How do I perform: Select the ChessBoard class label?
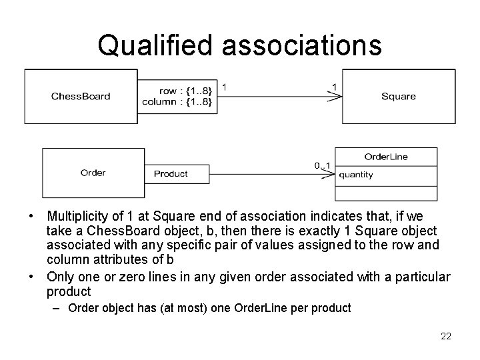coord(81,97)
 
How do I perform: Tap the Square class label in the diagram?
coord(398,97)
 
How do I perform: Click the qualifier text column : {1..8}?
coord(177,101)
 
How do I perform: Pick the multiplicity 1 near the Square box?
coord(333,87)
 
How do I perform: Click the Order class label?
coord(93,173)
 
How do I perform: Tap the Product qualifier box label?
coord(171,174)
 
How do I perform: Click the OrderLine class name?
coord(386,157)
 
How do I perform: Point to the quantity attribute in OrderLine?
coord(356,175)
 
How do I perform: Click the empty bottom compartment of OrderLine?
coord(386,193)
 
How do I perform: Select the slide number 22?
coord(446,336)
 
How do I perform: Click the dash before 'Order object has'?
coord(59,309)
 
